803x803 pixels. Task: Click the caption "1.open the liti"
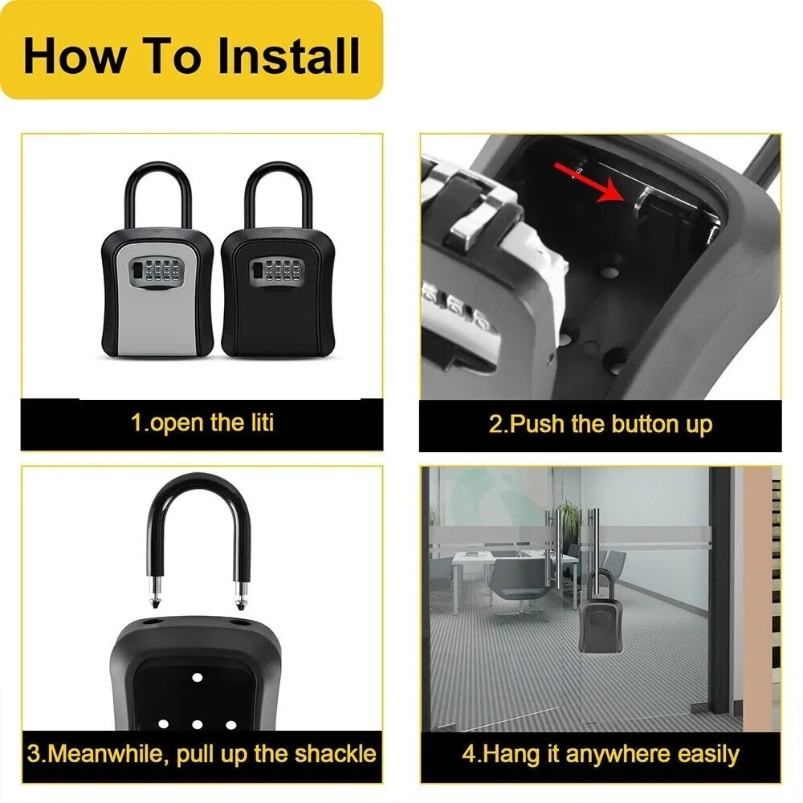pyautogui.click(x=202, y=423)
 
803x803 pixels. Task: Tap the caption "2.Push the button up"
pyautogui.click(x=600, y=424)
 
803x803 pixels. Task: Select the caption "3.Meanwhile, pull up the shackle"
pyautogui.click(x=202, y=753)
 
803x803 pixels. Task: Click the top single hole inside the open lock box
pyautogui.click(x=196, y=677)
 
